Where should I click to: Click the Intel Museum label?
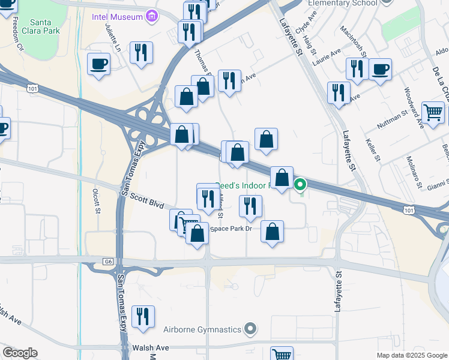point(116,17)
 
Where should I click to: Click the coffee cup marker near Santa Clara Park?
point(98,64)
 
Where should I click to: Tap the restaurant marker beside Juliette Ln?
point(140,52)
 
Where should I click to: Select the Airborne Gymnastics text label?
point(203,329)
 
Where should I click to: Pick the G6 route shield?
point(108,261)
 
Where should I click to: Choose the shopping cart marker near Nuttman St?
point(433,112)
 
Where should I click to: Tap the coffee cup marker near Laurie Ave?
point(380,70)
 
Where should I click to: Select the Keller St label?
point(373,150)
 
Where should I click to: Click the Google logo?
point(20,353)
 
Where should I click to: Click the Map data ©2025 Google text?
point(411,355)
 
